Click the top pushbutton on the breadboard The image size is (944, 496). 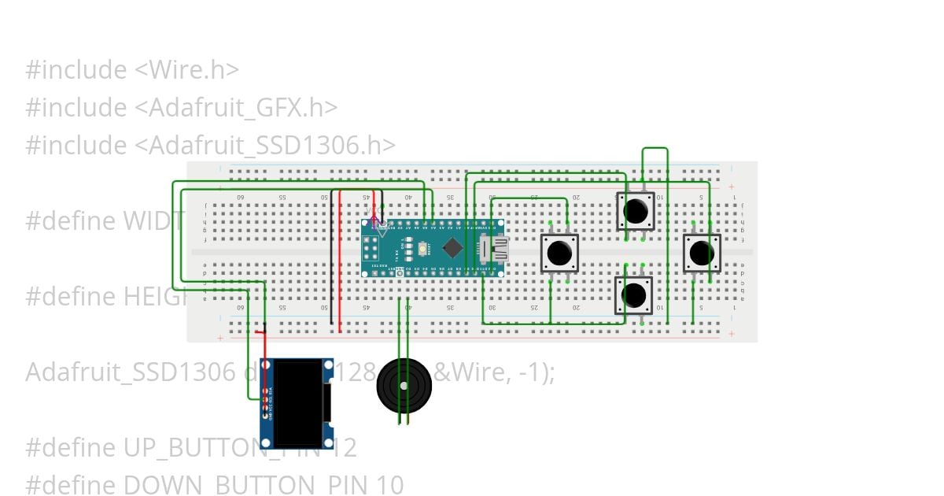(x=636, y=211)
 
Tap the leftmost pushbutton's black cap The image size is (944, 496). (x=559, y=253)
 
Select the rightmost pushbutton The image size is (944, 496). (x=701, y=253)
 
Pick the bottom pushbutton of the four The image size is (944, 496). (x=634, y=294)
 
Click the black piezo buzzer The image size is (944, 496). (x=404, y=386)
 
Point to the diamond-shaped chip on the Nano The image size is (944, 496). (x=452, y=248)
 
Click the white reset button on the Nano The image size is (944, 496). (x=424, y=249)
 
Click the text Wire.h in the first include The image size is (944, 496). (x=192, y=70)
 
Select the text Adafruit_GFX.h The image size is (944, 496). (x=242, y=108)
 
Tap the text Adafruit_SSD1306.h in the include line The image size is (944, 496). (x=271, y=146)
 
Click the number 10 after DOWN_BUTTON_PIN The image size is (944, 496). (x=390, y=485)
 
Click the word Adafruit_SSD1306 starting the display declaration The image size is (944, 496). (x=130, y=372)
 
